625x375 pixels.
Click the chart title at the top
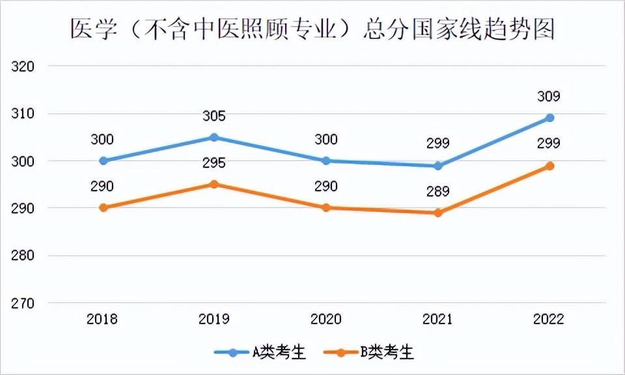(312, 30)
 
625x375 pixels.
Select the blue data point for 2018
(103, 161)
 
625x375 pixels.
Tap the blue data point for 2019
(214, 137)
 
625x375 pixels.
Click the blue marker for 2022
(549, 118)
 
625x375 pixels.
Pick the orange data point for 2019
(214, 184)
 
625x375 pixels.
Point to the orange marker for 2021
(438, 213)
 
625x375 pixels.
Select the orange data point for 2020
(326, 208)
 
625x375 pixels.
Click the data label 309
(549, 97)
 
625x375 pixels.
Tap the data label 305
(214, 117)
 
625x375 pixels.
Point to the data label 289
(437, 191)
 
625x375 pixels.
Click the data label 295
(214, 163)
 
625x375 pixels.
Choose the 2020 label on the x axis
(326, 319)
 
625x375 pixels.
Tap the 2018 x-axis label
(103, 319)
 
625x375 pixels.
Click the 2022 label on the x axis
(549, 319)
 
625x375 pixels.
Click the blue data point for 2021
(438, 166)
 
